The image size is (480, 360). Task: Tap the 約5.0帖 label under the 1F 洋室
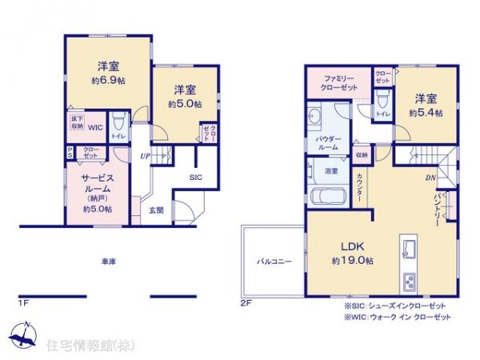[x=185, y=105]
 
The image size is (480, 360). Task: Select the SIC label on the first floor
[x=195, y=178]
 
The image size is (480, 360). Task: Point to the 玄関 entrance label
[x=158, y=210]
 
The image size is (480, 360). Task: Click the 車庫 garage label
[x=110, y=261]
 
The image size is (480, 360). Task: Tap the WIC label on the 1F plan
[x=95, y=126]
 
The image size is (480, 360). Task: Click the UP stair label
[x=146, y=156]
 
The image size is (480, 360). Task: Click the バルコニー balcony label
[x=274, y=261]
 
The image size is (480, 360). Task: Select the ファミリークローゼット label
[x=339, y=82]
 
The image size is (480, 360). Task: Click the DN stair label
[x=430, y=178]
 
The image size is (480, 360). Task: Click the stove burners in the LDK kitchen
[x=409, y=281]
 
